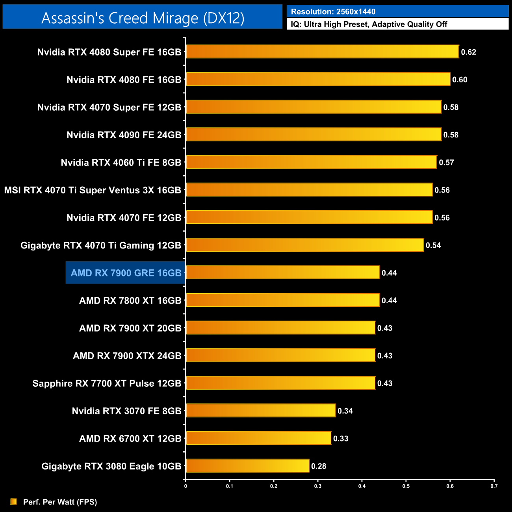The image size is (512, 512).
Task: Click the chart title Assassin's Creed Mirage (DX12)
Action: (143, 18)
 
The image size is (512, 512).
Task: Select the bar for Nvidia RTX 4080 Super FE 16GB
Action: (322, 52)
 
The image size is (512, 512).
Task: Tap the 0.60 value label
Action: (460, 80)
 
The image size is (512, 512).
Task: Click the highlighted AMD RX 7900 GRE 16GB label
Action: (126, 273)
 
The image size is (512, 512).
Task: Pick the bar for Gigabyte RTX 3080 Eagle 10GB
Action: (247, 466)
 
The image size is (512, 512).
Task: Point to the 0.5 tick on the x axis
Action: (406, 486)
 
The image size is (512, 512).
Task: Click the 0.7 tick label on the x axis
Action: (494, 486)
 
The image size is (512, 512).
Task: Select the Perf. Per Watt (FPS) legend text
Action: (60, 502)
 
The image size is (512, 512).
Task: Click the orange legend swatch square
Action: (14, 501)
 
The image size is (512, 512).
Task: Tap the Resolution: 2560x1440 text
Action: (333, 12)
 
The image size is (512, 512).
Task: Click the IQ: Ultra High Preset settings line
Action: (369, 24)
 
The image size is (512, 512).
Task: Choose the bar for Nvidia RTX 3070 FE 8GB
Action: (261, 410)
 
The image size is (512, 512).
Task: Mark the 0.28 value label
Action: (319, 466)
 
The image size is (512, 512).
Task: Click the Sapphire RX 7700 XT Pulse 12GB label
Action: (107, 384)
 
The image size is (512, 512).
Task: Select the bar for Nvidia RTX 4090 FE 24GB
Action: (314, 134)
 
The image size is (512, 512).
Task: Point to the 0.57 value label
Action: (447, 163)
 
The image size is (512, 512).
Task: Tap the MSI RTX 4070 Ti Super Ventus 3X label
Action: (93, 190)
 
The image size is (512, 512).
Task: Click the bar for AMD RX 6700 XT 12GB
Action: (258, 438)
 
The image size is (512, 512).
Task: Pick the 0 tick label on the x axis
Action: (186, 486)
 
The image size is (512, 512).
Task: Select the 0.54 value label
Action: (433, 245)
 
